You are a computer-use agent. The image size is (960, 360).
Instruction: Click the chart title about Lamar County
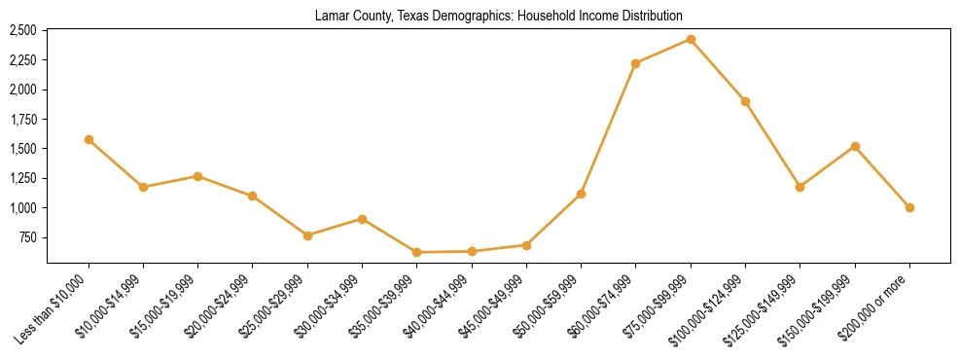498,16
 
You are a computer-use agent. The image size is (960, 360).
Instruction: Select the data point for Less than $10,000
89,139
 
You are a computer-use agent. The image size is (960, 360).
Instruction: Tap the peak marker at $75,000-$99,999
691,39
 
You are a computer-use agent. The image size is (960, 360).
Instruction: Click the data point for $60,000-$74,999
636,63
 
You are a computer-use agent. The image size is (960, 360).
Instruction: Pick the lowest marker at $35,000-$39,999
416,252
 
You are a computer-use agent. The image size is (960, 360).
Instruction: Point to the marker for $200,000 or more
909,207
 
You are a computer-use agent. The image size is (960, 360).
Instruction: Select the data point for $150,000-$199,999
855,146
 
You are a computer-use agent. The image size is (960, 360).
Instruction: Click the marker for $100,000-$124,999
745,101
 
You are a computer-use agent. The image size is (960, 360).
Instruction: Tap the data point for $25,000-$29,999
307,235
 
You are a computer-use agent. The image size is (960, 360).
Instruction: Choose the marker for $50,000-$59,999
581,194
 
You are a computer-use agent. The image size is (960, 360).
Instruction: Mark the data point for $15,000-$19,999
197,176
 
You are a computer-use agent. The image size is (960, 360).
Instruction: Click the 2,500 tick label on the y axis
22,30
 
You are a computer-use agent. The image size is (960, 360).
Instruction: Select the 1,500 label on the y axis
22,149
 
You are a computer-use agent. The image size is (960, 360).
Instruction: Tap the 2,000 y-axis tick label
22,90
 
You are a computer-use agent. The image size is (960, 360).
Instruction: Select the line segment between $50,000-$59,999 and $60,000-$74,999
609,128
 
